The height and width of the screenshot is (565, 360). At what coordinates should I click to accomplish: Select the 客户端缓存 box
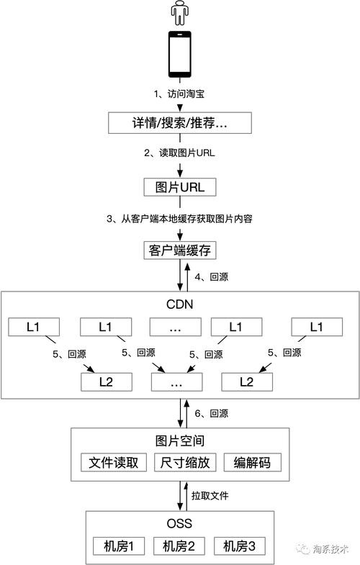point(179,250)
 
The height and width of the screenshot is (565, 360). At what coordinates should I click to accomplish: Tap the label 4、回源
point(211,276)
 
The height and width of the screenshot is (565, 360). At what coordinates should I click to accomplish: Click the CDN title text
point(179,304)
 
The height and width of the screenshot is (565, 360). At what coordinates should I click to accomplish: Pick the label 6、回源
point(212,413)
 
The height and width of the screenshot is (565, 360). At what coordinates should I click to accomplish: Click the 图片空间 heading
point(179,440)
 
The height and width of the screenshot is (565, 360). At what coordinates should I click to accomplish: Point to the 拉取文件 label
point(210,497)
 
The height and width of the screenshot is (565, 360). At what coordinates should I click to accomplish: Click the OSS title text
point(179,523)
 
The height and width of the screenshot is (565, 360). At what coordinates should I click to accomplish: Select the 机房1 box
point(120,546)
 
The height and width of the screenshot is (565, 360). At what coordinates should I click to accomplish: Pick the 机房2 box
point(180,546)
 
